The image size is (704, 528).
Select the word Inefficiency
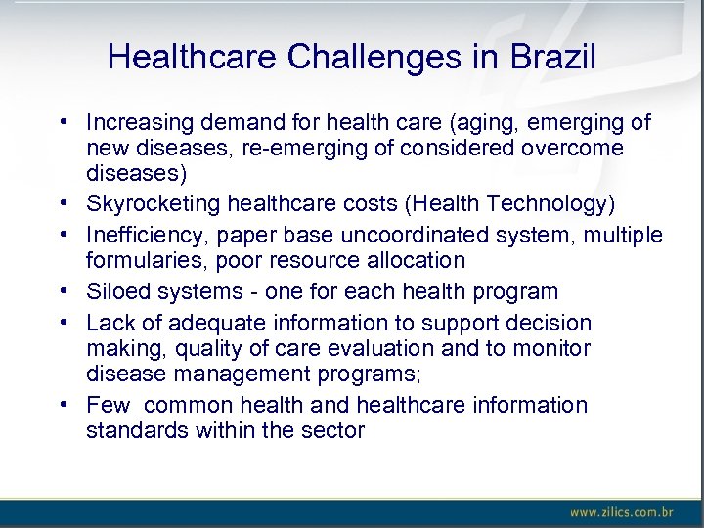(145, 236)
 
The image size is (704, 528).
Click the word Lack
(108, 323)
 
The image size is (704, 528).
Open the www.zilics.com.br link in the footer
(622, 512)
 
